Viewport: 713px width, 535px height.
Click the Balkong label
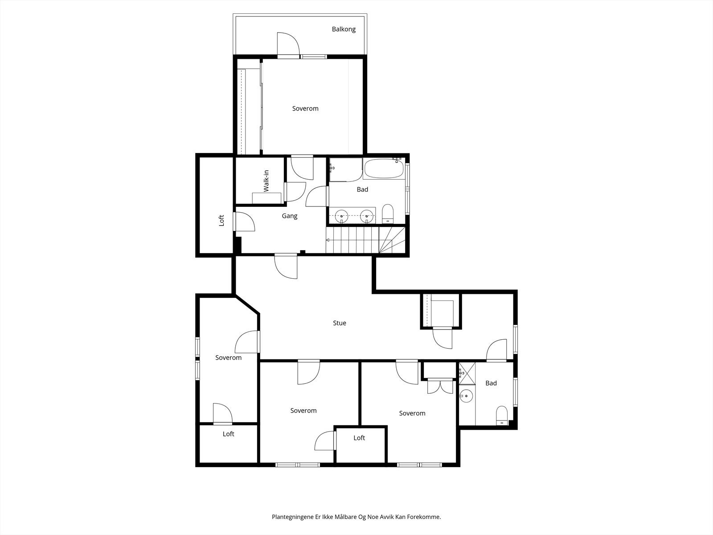coord(344,29)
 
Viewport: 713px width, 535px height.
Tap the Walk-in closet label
coord(266,181)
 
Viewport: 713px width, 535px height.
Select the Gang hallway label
coord(290,216)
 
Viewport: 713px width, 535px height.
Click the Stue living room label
coord(340,323)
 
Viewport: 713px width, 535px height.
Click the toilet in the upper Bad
coord(388,214)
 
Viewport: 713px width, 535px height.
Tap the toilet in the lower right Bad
coord(502,416)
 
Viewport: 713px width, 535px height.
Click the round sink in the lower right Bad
coord(466,395)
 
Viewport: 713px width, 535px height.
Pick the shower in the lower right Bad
coord(467,373)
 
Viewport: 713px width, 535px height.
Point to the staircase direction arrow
coord(328,240)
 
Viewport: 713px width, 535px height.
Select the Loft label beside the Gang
coord(221,220)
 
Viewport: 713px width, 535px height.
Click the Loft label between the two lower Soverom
coord(359,438)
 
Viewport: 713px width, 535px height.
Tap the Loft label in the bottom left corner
coord(228,434)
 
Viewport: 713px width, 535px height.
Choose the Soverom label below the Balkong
coord(305,108)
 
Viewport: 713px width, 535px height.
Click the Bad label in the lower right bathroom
coord(491,383)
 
